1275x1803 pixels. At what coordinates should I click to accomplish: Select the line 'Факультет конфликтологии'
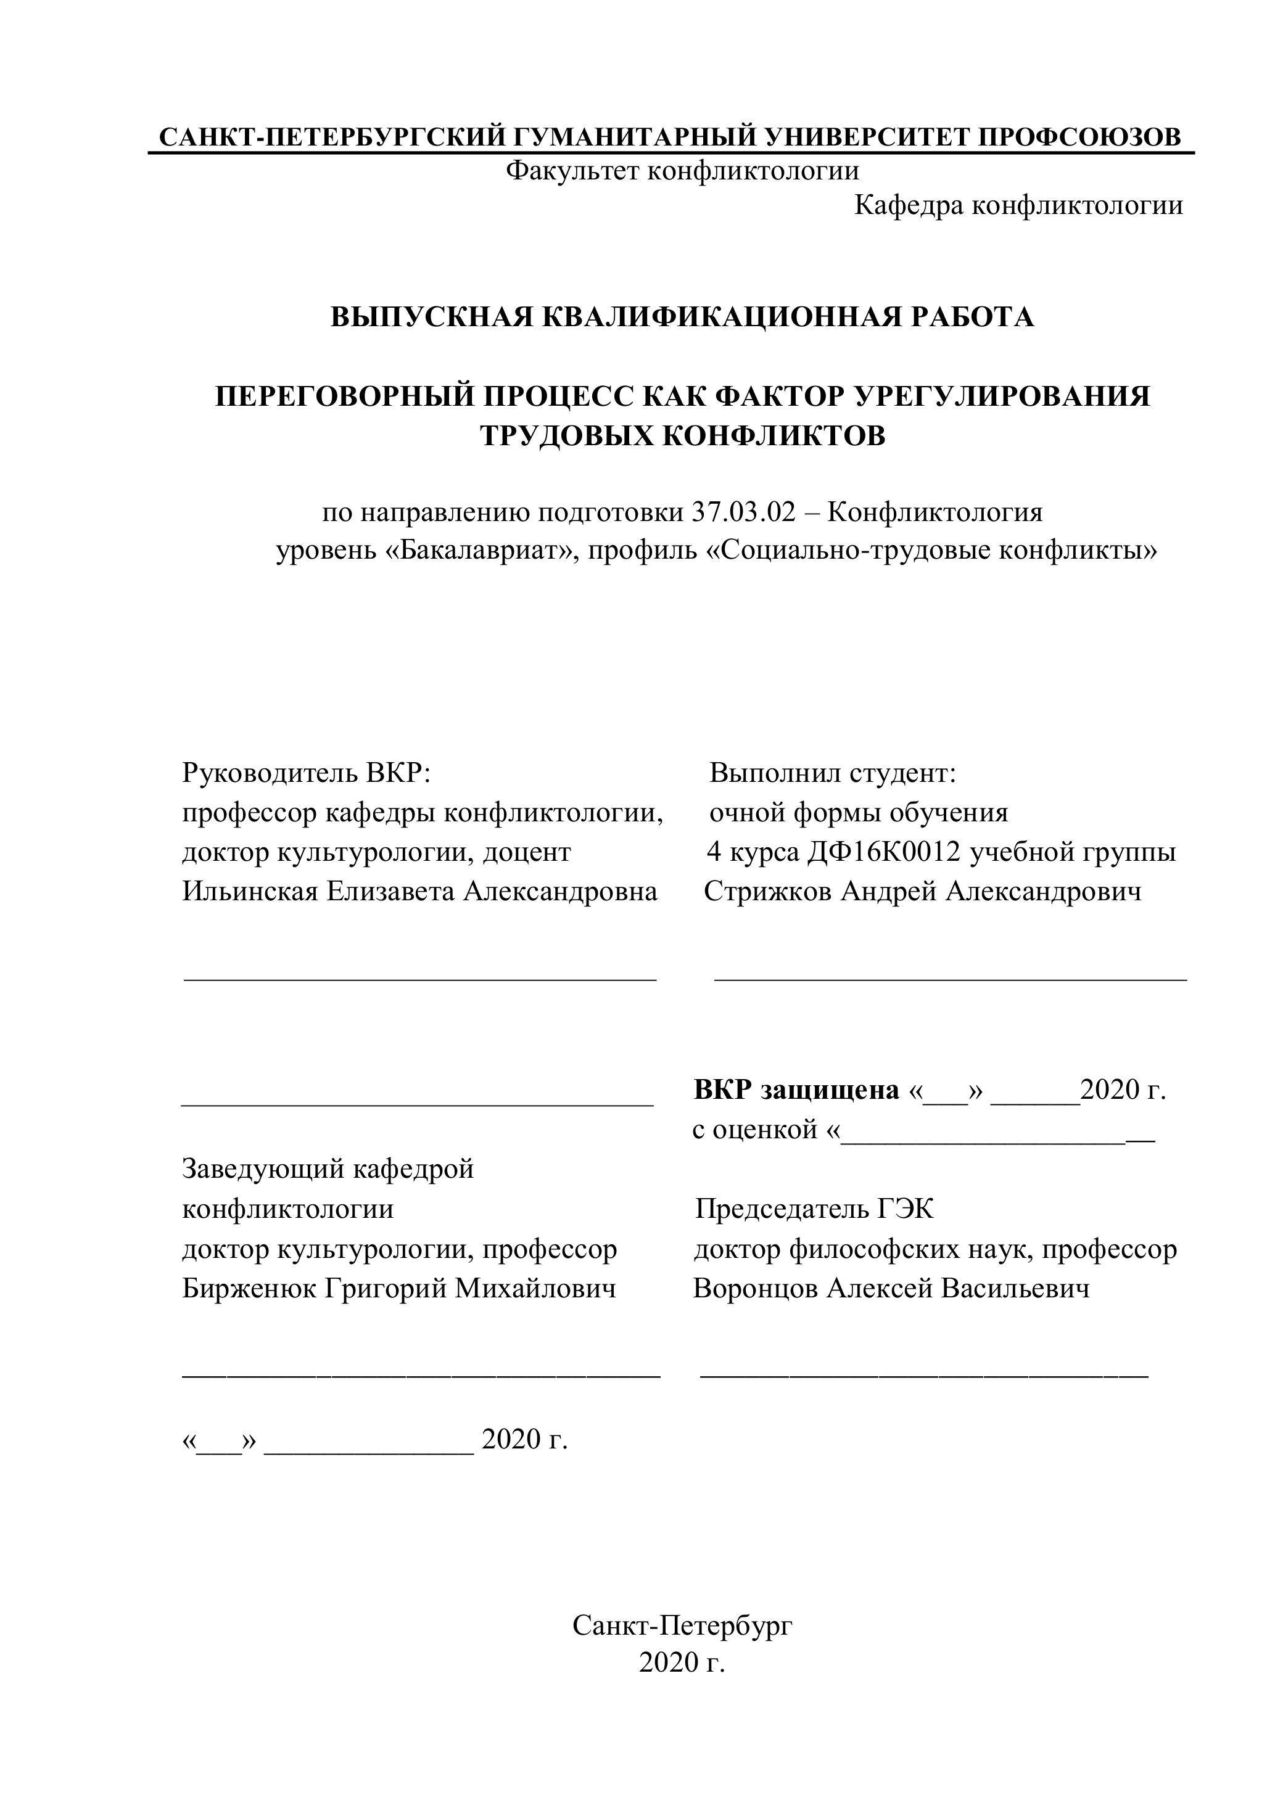682,170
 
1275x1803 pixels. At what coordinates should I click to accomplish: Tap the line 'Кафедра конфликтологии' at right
1018,206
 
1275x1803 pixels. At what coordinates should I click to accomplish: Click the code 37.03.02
744,513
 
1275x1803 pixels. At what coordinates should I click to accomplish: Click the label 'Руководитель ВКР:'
307,773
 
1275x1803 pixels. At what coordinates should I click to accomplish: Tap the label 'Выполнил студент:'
833,773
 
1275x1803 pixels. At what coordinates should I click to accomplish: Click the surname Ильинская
249,891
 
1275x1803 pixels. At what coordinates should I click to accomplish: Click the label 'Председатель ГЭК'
815,1209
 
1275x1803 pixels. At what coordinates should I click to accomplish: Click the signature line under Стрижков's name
951,979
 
